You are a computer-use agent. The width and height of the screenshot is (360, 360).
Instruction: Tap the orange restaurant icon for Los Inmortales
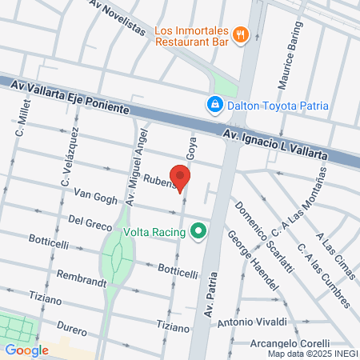pos(241,34)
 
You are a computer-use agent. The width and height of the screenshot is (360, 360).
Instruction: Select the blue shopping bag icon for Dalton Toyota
pos(214,104)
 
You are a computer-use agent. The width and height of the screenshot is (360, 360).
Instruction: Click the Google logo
pos(26,350)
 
